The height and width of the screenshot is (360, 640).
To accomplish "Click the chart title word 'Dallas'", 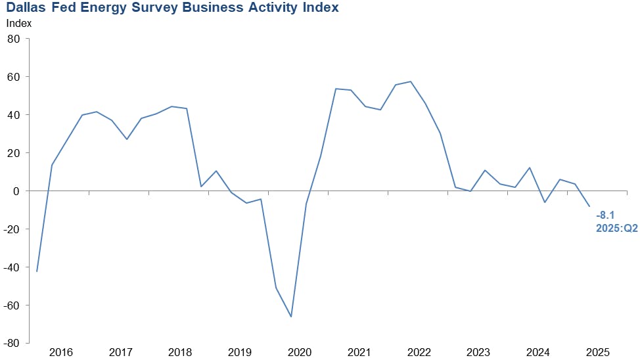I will pos(29,8).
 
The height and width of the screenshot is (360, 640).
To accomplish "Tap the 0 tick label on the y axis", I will pos(18,191).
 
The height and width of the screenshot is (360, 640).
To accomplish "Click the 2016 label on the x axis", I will pos(60,352).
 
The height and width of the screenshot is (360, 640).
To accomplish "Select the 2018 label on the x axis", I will pos(179,352).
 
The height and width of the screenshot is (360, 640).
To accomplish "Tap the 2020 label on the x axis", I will pos(299,352).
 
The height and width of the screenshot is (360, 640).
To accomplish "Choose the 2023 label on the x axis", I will pos(478,352).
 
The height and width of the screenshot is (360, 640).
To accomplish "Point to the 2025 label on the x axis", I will pos(598,352).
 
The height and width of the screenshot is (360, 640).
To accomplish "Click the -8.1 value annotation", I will pos(606,215).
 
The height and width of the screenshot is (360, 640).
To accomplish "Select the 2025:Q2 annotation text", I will pos(616,227).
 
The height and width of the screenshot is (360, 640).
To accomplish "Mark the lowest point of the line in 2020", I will pos(291,317).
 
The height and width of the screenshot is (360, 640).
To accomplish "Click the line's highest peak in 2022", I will pos(411,81).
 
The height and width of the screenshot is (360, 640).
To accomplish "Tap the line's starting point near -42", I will pos(37,271).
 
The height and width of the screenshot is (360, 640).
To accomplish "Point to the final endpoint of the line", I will pos(589,206).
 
